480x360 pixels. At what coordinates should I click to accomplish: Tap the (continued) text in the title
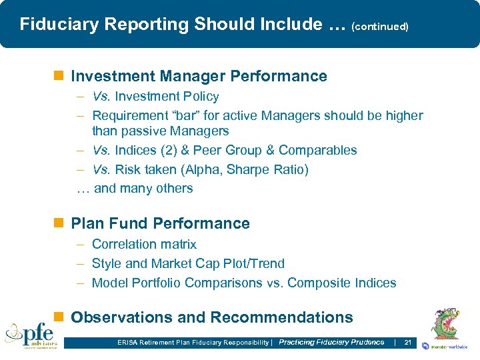tap(379, 27)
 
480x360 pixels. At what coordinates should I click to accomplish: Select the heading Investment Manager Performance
tap(199, 76)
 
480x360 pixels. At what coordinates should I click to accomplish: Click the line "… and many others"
tap(135, 189)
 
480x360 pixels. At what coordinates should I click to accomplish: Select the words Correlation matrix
tap(144, 245)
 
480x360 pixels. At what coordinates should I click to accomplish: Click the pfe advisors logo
tap(31, 335)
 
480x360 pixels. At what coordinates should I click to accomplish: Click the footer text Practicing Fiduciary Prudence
tap(331, 343)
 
